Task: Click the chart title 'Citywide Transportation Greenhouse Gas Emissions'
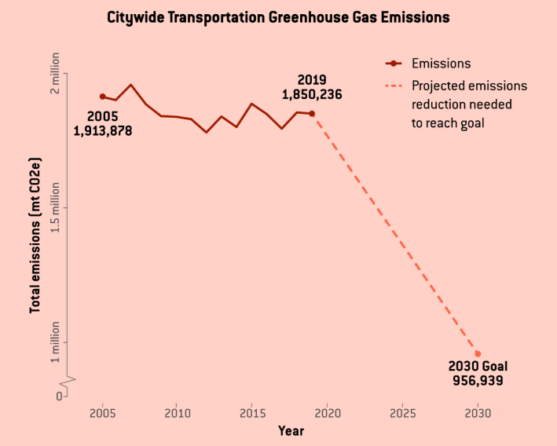[x=279, y=17]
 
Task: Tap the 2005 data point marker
[x=102, y=97]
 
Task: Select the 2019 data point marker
[x=312, y=114]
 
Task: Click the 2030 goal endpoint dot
[x=478, y=354]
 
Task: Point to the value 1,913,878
[x=103, y=131]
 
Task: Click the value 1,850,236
[x=312, y=94]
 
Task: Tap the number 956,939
[x=478, y=381]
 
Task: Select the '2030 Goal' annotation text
[x=478, y=367]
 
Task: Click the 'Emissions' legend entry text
[x=441, y=64]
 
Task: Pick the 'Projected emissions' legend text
[x=469, y=86]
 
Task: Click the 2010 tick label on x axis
[x=177, y=412]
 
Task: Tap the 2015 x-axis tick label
[x=252, y=412]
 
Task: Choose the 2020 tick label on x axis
[x=327, y=412]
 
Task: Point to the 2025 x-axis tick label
[x=402, y=412]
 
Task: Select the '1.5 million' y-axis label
[x=55, y=208]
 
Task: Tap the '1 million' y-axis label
[x=55, y=342]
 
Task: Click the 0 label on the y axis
[x=59, y=397]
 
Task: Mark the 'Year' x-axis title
[x=290, y=430]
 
